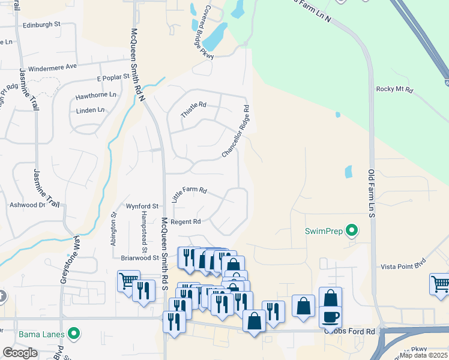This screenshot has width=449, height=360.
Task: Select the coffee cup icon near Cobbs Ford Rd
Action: [330, 316]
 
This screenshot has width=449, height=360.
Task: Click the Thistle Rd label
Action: [193, 111]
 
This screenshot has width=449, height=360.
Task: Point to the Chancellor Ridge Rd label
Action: [235, 132]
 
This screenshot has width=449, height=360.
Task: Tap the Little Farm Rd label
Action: [189, 193]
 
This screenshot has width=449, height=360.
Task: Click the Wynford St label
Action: [142, 206]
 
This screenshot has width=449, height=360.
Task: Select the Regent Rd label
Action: [185, 221]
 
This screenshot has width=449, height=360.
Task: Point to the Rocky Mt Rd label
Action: [394, 89]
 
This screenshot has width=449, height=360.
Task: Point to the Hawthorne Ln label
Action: [95, 95]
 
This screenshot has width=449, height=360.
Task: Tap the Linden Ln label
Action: [91, 110]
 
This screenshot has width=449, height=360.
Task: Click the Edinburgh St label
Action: [41, 25]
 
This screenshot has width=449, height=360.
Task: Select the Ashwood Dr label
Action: [27, 205]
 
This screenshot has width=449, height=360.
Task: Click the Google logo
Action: [20, 353]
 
